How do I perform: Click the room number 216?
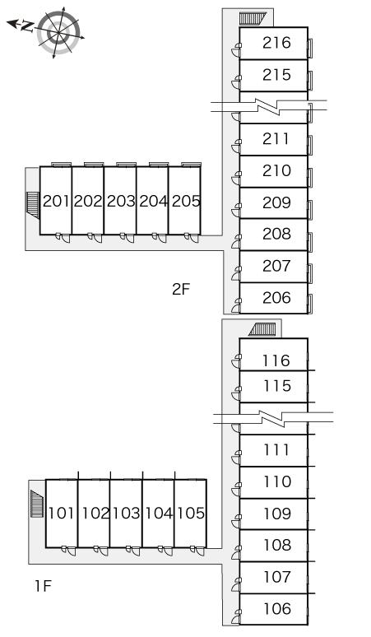(x=276, y=43)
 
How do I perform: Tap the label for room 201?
(x=56, y=201)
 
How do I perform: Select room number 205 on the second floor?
(x=186, y=201)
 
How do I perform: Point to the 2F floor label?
(x=181, y=289)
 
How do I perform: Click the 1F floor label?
(x=43, y=586)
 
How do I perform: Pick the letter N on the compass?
(x=28, y=26)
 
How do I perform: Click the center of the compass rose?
(x=58, y=32)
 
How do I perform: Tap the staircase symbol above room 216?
(x=252, y=19)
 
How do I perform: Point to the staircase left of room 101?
(x=37, y=504)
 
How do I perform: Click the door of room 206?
(x=236, y=305)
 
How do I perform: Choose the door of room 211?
(x=236, y=146)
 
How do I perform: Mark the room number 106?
(x=277, y=609)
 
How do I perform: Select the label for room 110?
(x=277, y=481)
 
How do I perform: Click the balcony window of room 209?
(x=309, y=210)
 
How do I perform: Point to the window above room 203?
(x=126, y=165)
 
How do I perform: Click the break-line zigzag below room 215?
(x=269, y=105)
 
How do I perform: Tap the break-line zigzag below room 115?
(x=273, y=418)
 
